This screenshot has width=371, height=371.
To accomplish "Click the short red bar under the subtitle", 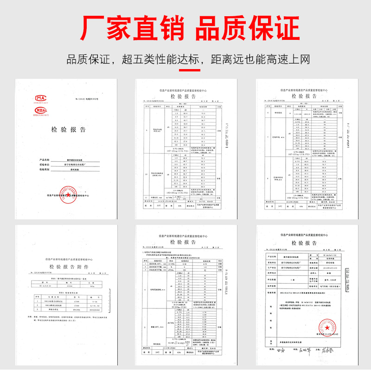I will (x=185, y=70).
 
